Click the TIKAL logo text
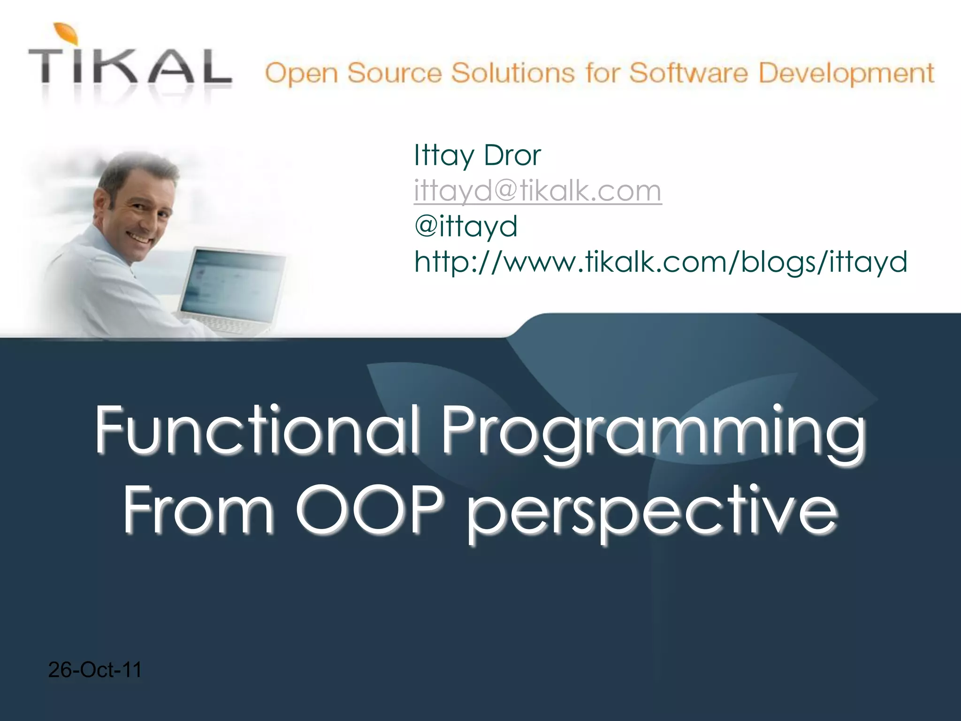[130, 69]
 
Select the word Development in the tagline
[846, 74]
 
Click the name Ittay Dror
[477, 155]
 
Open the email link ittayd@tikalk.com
[537, 191]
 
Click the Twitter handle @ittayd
[466, 226]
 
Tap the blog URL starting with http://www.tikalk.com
[660, 261]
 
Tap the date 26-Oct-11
[95, 670]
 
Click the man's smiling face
[141, 221]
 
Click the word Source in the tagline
[395, 74]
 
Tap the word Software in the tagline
[688, 74]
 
